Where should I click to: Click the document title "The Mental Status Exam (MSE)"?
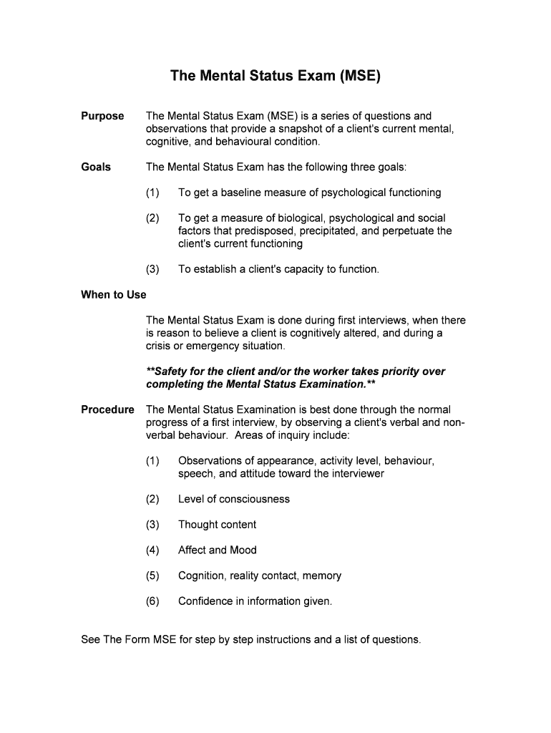coord(275,75)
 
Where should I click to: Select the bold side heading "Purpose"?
coord(102,116)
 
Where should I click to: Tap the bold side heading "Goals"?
coord(96,167)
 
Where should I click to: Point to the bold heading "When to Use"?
coord(114,295)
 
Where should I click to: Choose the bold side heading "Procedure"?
coord(107,409)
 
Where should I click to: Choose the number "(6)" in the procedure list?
coord(152,601)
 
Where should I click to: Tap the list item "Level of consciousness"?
coord(234,499)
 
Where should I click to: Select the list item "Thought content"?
coord(217,525)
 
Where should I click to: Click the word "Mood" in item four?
coord(243,550)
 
